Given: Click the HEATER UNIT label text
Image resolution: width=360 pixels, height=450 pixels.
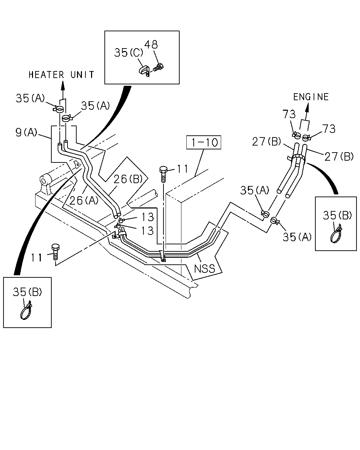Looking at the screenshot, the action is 61,75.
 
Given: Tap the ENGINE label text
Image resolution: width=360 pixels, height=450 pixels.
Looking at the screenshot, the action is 311,97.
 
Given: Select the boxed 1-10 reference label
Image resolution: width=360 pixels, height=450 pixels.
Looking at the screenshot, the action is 204,142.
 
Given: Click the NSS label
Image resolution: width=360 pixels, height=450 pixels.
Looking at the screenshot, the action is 204,269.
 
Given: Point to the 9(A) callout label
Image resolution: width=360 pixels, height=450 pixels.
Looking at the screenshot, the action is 26,133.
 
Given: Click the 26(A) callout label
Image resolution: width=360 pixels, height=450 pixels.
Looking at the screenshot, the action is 84,200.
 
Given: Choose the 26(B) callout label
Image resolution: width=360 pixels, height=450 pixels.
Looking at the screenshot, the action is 128,179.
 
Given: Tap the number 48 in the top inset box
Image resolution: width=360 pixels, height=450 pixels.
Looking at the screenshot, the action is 151,44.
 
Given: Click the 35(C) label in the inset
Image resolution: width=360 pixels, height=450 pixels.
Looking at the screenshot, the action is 129,52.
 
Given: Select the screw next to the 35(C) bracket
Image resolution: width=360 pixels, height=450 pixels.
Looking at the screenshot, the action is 158,67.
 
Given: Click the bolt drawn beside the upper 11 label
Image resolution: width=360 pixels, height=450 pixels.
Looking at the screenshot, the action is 163,174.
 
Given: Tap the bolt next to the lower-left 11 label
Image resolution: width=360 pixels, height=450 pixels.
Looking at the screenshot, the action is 56,252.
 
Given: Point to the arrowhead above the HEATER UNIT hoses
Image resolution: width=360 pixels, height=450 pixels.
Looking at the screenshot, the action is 63,85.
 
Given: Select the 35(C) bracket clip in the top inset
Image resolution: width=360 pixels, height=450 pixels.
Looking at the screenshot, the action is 144,71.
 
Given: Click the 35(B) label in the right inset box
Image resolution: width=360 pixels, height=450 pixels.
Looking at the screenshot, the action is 337,215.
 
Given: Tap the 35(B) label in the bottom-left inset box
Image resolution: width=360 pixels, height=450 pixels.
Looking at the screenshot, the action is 27,292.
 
